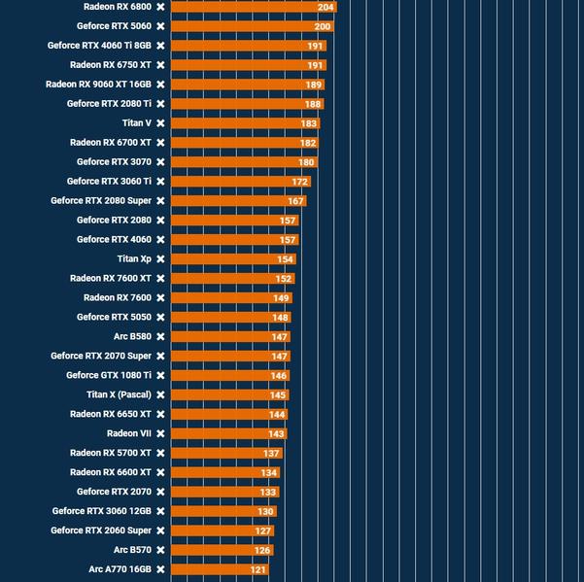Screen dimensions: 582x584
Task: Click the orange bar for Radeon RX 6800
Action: (x=253, y=7)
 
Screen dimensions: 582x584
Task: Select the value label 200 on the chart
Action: (x=323, y=26)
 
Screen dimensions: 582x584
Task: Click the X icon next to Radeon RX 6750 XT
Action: (x=160, y=65)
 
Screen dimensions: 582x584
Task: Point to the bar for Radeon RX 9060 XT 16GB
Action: (x=247, y=85)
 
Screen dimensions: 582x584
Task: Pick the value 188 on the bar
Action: (x=313, y=104)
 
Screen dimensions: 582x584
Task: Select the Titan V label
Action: (x=136, y=123)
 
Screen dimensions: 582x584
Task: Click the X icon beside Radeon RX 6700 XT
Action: (x=160, y=143)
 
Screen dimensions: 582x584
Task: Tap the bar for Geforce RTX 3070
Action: (x=243, y=162)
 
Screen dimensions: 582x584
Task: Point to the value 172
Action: (x=299, y=182)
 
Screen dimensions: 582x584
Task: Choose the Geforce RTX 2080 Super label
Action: (x=101, y=201)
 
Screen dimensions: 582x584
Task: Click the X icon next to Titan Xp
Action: (x=160, y=259)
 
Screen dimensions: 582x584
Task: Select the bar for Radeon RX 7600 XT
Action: (x=232, y=279)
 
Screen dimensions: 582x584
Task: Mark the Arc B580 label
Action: (x=132, y=337)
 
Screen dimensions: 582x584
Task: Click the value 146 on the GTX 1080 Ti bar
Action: (x=278, y=376)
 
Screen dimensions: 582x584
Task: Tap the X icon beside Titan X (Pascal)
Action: (x=160, y=395)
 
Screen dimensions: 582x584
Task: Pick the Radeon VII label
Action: (x=129, y=434)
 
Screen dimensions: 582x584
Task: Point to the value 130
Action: (x=265, y=512)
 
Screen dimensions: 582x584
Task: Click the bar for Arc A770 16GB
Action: (x=219, y=569)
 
